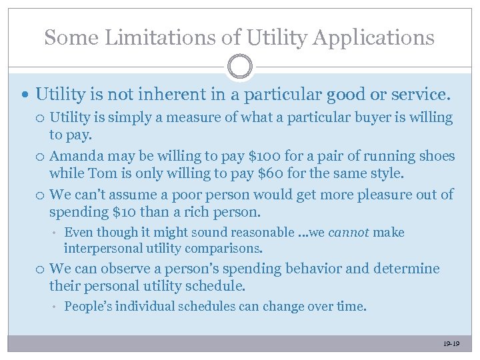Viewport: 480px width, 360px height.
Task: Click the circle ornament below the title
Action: coord(240,67)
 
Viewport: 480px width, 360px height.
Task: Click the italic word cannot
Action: coord(349,232)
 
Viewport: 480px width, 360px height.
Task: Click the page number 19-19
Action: coord(451,344)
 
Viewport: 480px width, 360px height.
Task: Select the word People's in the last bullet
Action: coord(87,307)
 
